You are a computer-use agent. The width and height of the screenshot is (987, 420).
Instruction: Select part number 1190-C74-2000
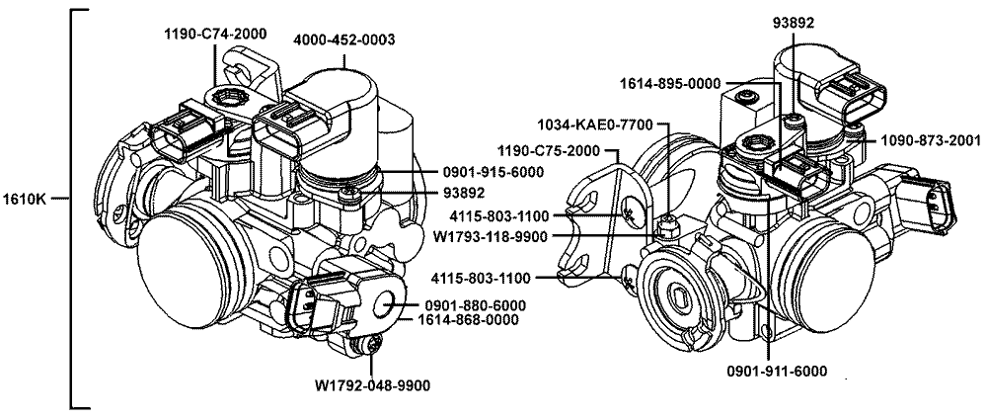[215, 34]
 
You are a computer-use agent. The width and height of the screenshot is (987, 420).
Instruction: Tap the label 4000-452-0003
[344, 40]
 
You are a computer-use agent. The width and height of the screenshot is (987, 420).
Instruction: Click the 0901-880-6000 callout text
[475, 305]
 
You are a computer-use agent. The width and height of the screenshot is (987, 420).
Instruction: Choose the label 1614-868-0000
[468, 320]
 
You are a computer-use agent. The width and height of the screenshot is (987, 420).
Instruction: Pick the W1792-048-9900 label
[373, 385]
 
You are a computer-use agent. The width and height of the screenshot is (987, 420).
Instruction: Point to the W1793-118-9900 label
[490, 236]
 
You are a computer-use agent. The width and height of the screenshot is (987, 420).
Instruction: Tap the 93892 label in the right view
[794, 23]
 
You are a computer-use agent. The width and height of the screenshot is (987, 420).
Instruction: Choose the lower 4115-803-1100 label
[481, 277]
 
